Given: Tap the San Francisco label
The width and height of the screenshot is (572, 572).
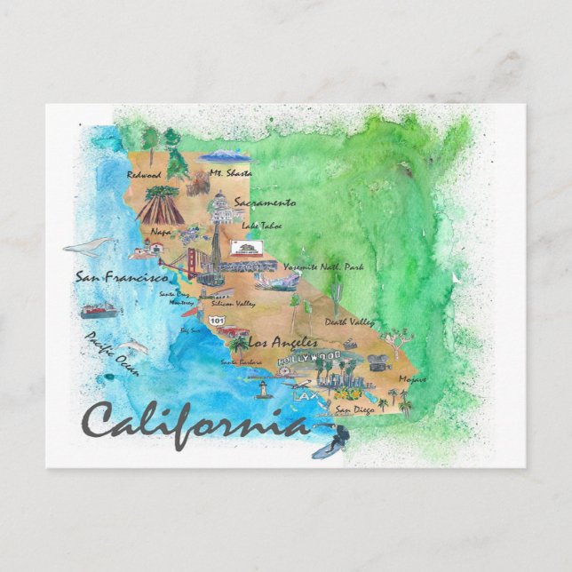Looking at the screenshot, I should point(121,278).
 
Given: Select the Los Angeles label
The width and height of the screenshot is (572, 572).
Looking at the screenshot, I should point(282,342).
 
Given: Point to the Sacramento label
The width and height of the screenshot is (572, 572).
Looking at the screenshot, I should point(265,203).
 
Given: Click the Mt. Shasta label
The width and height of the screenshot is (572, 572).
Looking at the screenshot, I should point(230,173).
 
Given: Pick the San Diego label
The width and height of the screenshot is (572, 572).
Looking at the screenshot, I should point(356,409).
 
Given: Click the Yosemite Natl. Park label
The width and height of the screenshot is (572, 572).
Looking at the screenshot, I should point(323,266).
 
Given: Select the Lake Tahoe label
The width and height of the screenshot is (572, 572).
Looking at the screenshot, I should point(261,226).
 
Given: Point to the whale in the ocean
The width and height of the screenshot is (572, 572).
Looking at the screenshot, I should point(89,246).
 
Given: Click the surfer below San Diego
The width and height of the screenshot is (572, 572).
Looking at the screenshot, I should point(330,439).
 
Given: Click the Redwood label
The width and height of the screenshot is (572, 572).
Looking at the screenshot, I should point(144,175).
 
